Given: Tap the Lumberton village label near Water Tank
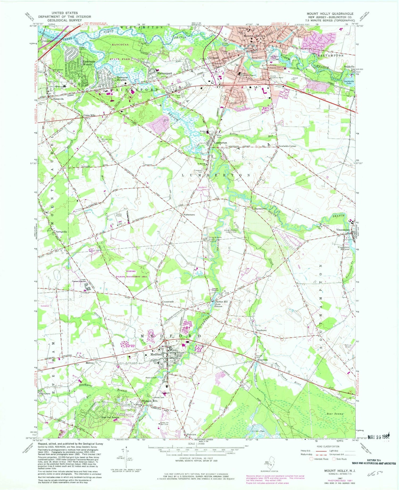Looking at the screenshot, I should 221,143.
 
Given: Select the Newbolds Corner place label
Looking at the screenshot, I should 287,146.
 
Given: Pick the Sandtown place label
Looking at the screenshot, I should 261,330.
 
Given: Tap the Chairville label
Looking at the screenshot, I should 263,360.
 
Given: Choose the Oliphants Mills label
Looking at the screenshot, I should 149,401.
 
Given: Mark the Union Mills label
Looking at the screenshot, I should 89,115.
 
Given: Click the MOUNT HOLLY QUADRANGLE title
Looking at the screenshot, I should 330,14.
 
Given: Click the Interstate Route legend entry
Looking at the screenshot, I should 321,459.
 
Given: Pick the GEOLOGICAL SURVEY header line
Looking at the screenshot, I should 65,20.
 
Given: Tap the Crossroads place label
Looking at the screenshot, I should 168,302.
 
